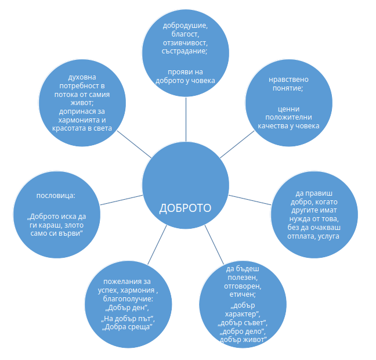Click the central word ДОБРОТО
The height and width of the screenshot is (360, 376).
pos(185,208)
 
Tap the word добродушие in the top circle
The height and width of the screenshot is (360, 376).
pos(185,26)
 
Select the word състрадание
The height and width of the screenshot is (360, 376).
pos(184,51)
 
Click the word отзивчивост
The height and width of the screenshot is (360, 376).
pos(185,43)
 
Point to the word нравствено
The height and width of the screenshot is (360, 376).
pos(288,80)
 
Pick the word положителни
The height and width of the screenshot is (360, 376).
pos(288,117)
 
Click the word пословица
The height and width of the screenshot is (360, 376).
pos(55,196)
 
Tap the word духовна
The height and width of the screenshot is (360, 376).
pos(82,77)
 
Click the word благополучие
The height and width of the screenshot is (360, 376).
pos(128,299)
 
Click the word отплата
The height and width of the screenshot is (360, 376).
pos(301,236)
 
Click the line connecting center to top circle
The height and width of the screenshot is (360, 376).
pos(186,119)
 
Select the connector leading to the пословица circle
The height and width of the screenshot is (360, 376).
pos(121,200)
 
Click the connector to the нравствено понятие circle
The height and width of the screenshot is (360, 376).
pos(237,144)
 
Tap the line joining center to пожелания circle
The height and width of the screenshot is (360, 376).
pos(157,245)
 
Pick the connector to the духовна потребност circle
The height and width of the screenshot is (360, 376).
pos(134,144)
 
